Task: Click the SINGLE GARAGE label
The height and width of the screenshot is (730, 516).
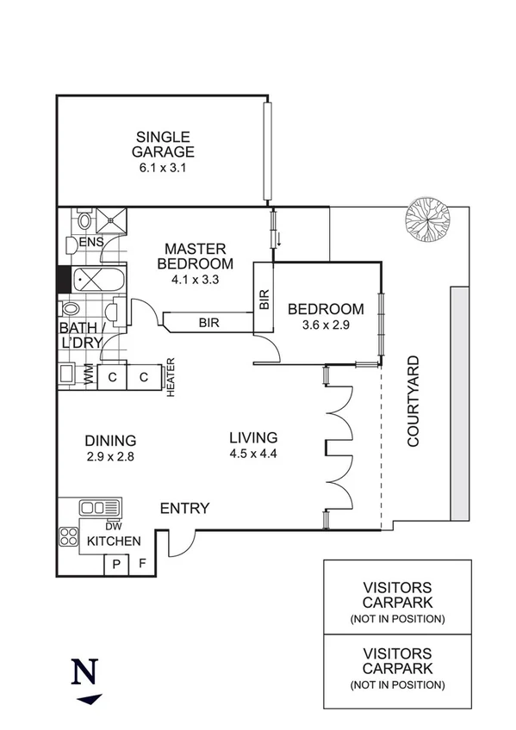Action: (x=163, y=144)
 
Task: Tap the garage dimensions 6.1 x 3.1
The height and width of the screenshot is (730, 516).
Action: (x=163, y=168)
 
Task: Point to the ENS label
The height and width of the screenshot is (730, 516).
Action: (x=91, y=243)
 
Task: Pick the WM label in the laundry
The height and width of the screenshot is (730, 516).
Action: (x=89, y=375)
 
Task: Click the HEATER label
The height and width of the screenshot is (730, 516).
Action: (x=171, y=376)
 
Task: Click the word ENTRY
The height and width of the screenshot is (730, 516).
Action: (x=184, y=509)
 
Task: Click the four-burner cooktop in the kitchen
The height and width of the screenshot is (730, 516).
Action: (x=69, y=537)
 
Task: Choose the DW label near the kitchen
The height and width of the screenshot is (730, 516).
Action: (x=113, y=525)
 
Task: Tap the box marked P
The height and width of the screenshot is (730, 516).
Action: (x=115, y=565)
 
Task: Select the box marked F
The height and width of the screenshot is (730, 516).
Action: (x=142, y=565)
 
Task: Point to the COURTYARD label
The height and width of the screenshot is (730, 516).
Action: (x=413, y=400)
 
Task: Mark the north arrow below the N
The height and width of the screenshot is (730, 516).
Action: (x=89, y=699)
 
